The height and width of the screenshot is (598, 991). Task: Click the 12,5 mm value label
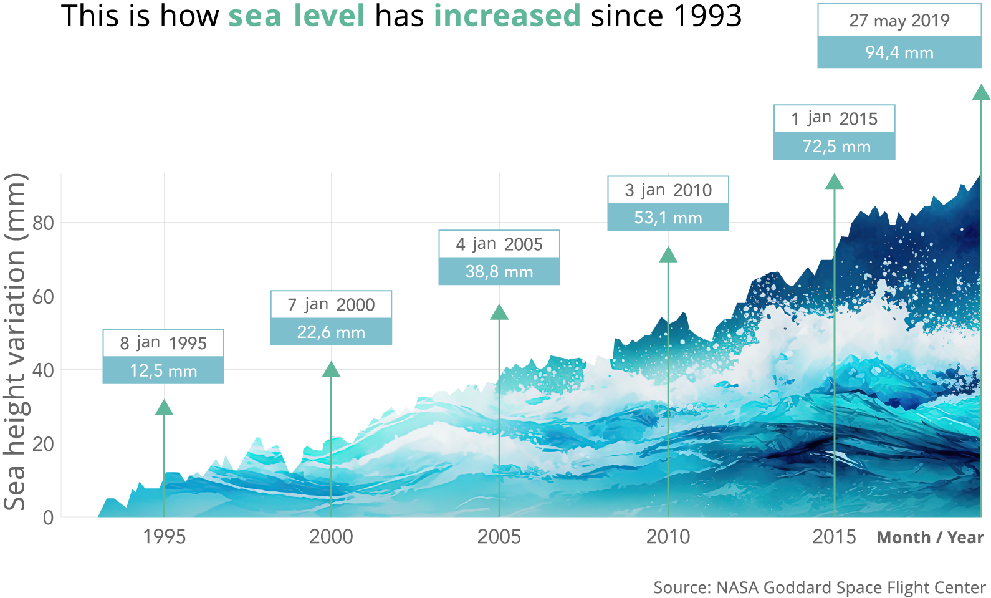(x=163, y=371)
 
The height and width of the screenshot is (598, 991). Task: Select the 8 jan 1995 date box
(x=163, y=343)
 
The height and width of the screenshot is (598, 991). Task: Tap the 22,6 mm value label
(x=331, y=332)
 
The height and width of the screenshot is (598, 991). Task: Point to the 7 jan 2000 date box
(x=331, y=304)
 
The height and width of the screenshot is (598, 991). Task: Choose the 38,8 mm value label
(x=499, y=272)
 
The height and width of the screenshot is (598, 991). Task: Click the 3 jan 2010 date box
(x=668, y=190)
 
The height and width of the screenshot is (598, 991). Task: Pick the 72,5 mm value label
(x=835, y=147)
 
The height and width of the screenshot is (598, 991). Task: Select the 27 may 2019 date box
(x=899, y=21)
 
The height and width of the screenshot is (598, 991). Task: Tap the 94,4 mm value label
(x=899, y=52)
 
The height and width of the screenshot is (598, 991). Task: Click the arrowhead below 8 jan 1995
(x=164, y=408)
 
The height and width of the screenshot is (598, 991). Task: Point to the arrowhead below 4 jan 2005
(x=499, y=312)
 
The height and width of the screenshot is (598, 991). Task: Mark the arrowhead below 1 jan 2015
(x=834, y=182)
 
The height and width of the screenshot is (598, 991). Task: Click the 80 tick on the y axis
(x=44, y=223)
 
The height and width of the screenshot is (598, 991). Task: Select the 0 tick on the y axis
(x=48, y=517)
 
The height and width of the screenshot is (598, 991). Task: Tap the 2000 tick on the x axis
(x=331, y=536)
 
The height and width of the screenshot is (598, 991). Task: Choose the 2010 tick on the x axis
(x=668, y=536)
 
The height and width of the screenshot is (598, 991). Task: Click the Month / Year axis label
(x=930, y=537)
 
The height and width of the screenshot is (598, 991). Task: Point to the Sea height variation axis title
(x=16, y=342)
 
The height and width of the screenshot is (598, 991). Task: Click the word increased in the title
(x=507, y=16)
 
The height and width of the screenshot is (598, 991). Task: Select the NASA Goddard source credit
(x=819, y=587)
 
